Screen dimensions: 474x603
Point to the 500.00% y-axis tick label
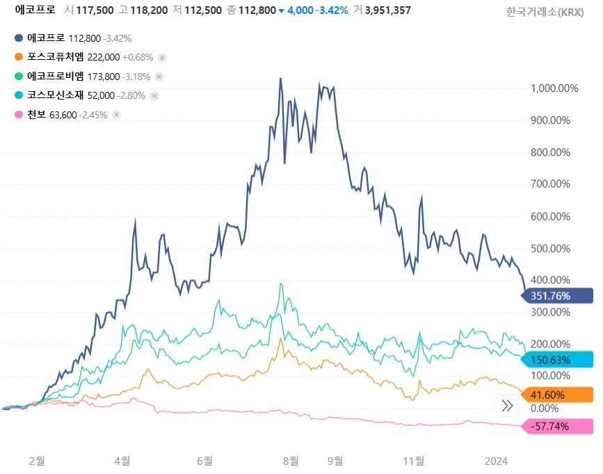[x=549, y=248]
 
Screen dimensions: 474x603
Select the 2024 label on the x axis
[x=496, y=461]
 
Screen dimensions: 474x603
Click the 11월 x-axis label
[x=414, y=461]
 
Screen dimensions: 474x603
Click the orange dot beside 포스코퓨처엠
[x=18, y=57]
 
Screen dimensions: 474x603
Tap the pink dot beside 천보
[x=18, y=115]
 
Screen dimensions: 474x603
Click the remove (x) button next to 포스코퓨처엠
[x=161, y=58]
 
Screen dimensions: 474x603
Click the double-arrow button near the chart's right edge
[x=507, y=406]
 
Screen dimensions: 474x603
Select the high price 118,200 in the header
[x=150, y=10]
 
